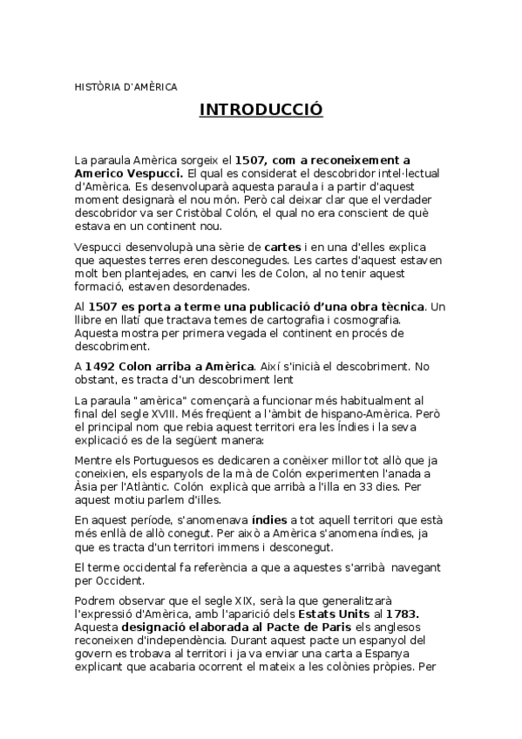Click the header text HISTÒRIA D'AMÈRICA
pos(125,87)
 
